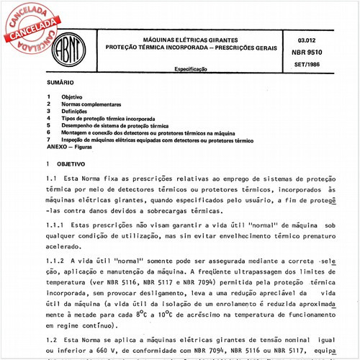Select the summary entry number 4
tap(48, 118)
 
